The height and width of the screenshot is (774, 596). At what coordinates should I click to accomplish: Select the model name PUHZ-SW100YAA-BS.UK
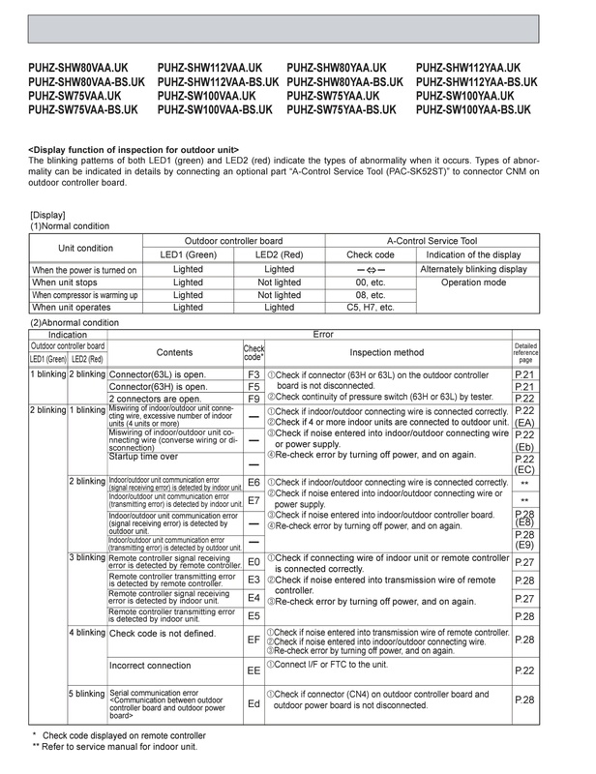point(472,110)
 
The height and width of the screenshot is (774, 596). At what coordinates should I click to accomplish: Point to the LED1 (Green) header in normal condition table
point(188,253)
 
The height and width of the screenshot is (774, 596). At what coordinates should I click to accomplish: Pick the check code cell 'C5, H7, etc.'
point(370,307)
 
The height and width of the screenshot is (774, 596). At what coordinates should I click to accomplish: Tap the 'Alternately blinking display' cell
point(473,269)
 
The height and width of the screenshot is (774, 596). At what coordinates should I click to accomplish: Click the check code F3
point(253,372)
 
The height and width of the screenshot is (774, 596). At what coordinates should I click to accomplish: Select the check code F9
point(253,398)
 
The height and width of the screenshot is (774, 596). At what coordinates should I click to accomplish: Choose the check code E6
point(253,482)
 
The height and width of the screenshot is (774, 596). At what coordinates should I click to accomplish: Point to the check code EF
point(253,640)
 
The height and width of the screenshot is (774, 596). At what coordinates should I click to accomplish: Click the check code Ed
point(253,703)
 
